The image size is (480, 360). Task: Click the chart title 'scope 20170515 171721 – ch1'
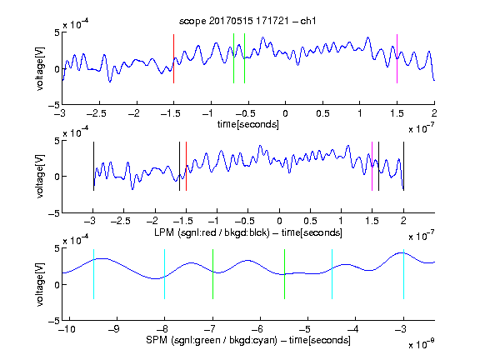pos(247,21)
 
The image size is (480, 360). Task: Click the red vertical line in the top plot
pos(173,58)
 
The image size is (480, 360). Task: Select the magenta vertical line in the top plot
pos(397,58)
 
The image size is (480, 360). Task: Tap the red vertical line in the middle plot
pos(186,166)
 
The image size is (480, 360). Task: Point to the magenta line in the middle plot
pos(372,166)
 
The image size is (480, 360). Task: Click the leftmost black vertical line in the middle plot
pos(93,166)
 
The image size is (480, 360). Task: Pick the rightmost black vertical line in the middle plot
pos(404,166)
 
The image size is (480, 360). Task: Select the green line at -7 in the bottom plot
pos(212,274)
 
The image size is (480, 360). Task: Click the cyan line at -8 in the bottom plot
pos(165,274)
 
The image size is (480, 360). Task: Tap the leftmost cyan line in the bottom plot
pos(93,274)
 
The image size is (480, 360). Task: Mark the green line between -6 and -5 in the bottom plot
pos(284,274)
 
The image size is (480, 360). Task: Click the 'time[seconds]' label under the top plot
pos(248,124)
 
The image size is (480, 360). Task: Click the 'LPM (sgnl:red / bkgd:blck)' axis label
pos(212,232)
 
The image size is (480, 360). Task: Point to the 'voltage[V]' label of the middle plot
pos(40,176)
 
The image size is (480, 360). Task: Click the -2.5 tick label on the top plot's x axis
pos(97,113)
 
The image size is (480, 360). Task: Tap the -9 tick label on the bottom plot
pos(114,329)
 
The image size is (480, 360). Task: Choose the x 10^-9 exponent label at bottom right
pos(422,344)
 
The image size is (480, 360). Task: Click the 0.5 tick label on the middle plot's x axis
pos(310,221)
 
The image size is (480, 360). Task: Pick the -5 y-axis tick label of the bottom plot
pos(54,321)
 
